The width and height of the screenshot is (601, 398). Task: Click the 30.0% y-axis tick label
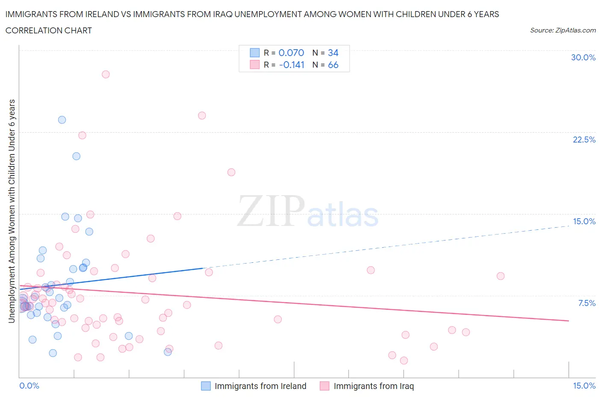(x=583, y=57)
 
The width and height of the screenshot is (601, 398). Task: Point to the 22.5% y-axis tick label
(x=584, y=140)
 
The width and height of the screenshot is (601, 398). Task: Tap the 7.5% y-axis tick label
(x=586, y=303)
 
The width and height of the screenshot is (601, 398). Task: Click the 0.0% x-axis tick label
(x=29, y=386)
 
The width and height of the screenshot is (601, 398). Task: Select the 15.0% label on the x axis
(x=584, y=386)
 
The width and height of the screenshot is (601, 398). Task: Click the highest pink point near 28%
(x=106, y=74)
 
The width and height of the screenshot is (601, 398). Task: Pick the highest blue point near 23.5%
(x=62, y=120)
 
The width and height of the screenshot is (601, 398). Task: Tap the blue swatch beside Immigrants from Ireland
(x=206, y=386)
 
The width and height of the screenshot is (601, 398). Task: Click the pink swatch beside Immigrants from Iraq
(x=325, y=386)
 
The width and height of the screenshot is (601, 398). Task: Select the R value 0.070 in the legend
(x=291, y=53)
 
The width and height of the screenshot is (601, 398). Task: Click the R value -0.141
(x=292, y=65)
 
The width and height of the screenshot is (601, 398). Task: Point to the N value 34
(x=333, y=53)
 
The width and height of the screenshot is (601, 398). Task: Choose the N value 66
(x=333, y=65)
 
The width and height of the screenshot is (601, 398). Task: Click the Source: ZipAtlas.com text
(x=563, y=30)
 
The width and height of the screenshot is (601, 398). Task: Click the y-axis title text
(x=12, y=211)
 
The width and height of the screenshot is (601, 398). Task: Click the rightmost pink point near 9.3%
(x=501, y=276)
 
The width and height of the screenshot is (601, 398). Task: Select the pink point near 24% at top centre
(x=202, y=116)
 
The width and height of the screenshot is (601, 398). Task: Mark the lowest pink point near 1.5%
(x=404, y=361)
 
